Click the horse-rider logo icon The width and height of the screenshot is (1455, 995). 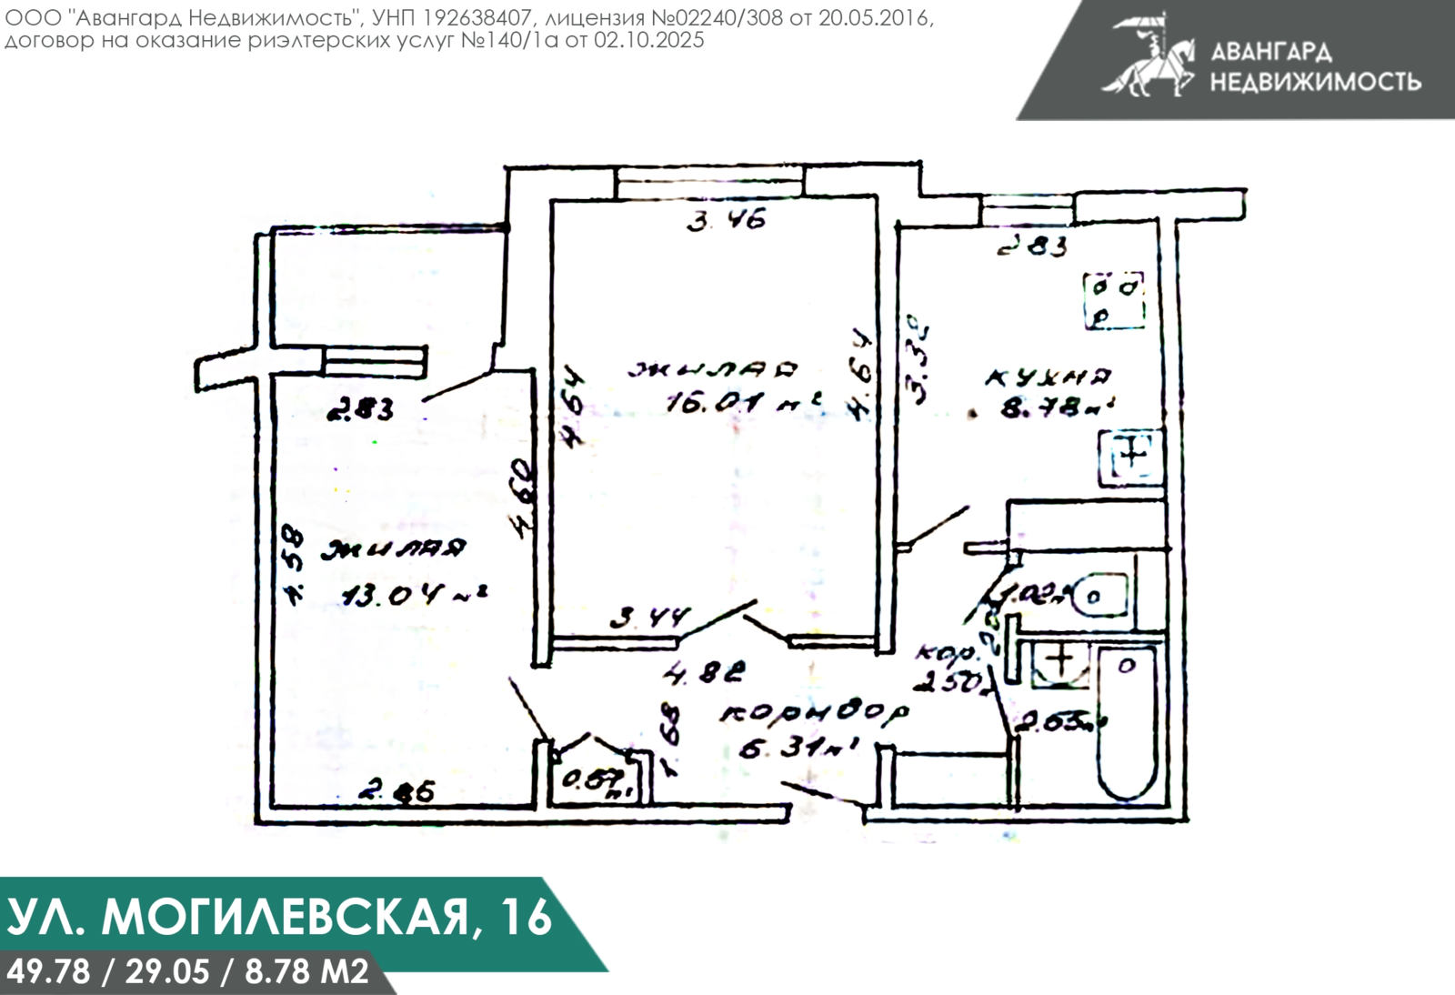click(x=1148, y=55)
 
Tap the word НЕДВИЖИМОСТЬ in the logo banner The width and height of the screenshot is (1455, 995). click(x=1315, y=81)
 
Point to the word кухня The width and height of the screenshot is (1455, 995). click(x=1049, y=375)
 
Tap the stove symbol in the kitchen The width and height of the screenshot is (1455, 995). click(x=1114, y=299)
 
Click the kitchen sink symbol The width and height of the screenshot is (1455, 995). click(x=1131, y=455)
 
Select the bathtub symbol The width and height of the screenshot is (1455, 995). click(x=1127, y=723)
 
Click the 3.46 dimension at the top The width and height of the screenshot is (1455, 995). click(x=726, y=220)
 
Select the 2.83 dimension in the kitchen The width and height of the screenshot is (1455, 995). click(x=1031, y=246)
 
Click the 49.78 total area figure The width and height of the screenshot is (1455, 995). click(x=48, y=971)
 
